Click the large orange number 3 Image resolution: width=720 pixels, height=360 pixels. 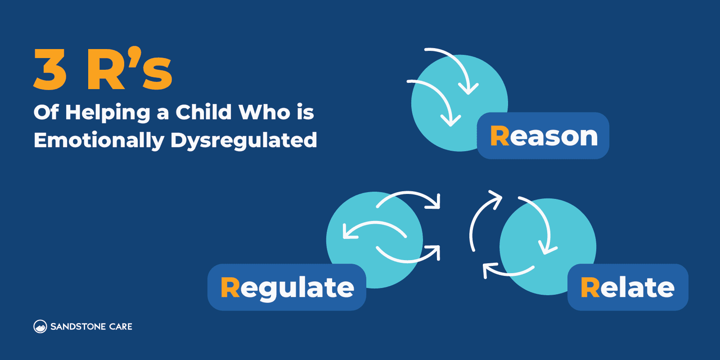[x=50, y=70]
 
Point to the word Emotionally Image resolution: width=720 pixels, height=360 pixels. [x=99, y=140]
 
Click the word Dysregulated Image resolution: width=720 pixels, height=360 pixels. [x=243, y=141]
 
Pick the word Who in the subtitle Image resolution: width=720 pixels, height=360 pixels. [x=265, y=112]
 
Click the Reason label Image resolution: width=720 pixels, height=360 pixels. [x=543, y=136]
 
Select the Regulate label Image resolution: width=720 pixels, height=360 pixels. [x=287, y=288]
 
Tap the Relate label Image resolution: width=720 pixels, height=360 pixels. [x=628, y=288]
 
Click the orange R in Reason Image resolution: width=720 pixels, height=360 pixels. [x=499, y=136]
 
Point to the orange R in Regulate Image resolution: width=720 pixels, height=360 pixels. [x=230, y=288]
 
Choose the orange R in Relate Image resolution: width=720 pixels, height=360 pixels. [x=590, y=288]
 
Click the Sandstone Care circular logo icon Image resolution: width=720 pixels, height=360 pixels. [x=40, y=326]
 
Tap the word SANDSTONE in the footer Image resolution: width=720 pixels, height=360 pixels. [x=78, y=327]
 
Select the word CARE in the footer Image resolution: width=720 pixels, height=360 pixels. [x=121, y=327]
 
